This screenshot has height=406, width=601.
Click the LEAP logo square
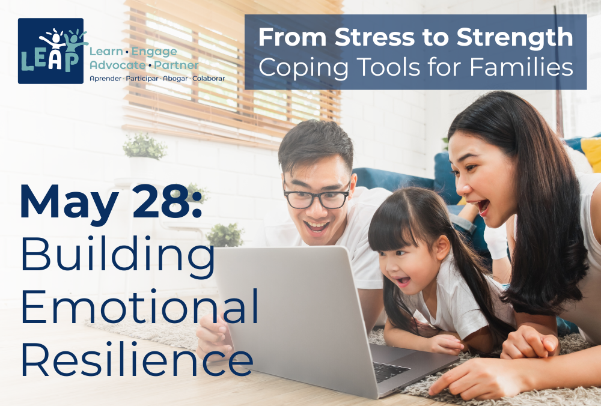(x=50, y=51)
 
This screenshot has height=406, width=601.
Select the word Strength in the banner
(x=515, y=37)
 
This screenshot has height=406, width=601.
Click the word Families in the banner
(x=521, y=67)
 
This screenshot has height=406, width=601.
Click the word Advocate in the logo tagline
(x=118, y=65)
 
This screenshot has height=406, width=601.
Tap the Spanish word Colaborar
(x=209, y=79)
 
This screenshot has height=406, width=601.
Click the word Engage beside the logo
(x=154, y=52)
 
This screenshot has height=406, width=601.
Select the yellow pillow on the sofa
(x=591, y=153)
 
